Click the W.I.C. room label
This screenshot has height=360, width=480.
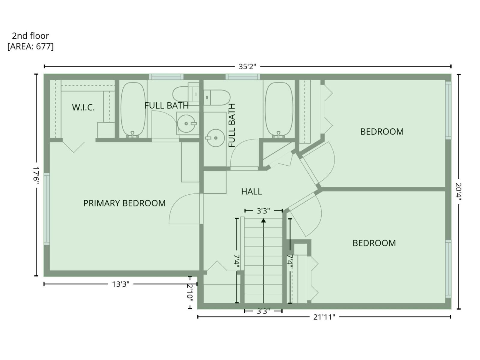coord(83,107)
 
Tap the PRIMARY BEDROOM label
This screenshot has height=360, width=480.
coord(124,203)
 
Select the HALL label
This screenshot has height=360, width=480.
coord(251,191)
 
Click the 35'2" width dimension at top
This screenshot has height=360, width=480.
coord(247,67)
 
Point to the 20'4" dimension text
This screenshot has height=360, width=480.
coord(458,192)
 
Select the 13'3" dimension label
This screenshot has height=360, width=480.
coord(121,284)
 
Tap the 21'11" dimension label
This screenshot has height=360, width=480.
coord(324,317)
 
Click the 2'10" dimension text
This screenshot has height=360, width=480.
coord(190,292)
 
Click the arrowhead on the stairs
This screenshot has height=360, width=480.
coord(263,220)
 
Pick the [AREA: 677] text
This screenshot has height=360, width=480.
coord(31,46)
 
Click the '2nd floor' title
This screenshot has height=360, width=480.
coord(30,36)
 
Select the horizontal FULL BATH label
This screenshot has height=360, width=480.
coord(166,106)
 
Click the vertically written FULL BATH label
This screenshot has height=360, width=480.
coord(232,125)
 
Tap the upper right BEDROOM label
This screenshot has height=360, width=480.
coord(382,132)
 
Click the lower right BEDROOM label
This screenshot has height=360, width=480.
coord(374,243)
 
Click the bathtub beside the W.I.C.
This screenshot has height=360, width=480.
coord(133,109)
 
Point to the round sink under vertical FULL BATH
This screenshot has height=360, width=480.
coord(216,138)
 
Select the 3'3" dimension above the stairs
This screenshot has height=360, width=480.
coord(263,211)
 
